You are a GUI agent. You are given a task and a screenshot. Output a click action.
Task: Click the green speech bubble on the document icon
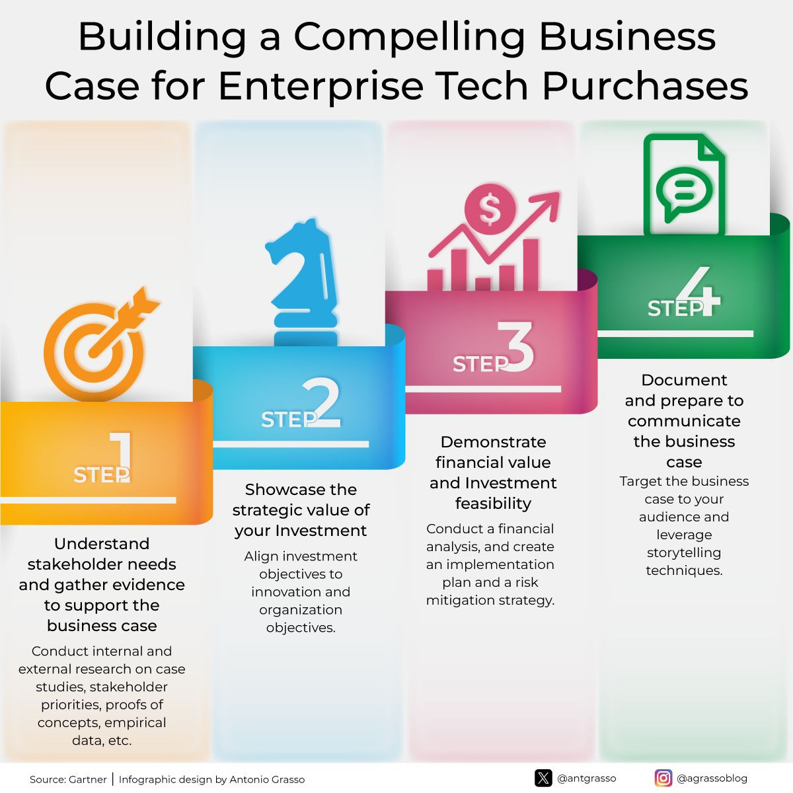[684, 194]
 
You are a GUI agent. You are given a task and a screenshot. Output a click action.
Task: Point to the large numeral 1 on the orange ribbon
[122, 457]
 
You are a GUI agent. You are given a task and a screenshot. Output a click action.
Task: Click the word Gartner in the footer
[88, 779]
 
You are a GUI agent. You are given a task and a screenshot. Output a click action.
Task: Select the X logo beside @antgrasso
[543, 778]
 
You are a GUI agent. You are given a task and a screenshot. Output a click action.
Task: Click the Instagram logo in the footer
[663, 778]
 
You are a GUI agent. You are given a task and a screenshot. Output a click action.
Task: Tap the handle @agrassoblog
[712, 778]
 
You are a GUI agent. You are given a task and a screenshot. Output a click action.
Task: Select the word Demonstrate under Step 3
[494, 442]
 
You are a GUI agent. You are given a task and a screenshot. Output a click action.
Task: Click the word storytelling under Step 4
[684, 552]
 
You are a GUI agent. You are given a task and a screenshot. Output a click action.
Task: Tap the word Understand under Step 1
[102, 544]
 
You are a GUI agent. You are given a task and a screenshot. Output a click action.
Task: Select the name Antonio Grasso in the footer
[267, 779]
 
